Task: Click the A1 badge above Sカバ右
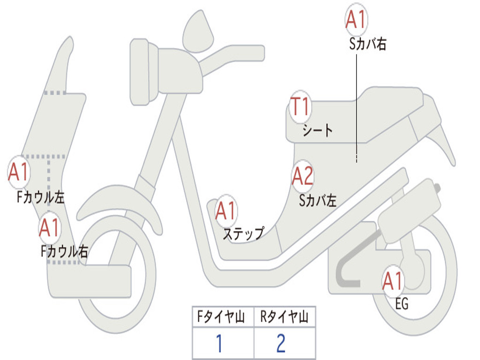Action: coord(356,20)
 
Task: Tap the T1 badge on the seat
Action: coord(300,107)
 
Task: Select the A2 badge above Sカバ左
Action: coord(302,176)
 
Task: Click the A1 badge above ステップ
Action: coord(226,211)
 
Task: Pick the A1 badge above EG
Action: coord(393,281)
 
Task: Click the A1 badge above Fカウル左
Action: coord(19,172)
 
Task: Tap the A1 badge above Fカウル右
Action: coord(49,228)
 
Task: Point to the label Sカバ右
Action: coord(367,45)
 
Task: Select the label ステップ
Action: coord(243,233)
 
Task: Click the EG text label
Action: coord(402,304)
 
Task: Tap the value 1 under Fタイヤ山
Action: coord(219,344)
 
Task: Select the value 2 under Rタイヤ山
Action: coord(281,344)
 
